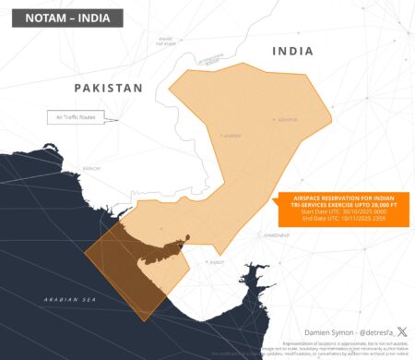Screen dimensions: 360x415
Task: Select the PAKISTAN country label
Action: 109,88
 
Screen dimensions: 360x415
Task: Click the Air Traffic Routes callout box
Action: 77,117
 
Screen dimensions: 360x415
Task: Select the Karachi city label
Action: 91,169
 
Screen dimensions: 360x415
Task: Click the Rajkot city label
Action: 216,262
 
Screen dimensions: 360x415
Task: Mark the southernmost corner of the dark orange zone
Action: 142,320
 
